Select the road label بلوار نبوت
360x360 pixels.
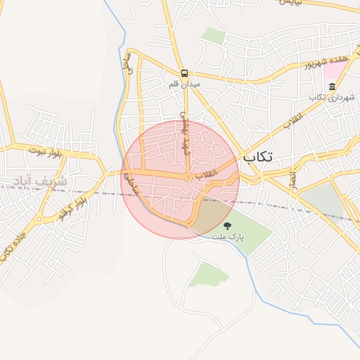(x=46, y=150)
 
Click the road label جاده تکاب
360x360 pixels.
(x=9, y=243)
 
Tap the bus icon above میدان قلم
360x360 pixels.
(x=184, y=72)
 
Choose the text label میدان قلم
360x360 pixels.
(x=185, y=84)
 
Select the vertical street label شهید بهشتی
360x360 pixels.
(x=184, y=131)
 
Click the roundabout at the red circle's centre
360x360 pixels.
(x=189, y=177)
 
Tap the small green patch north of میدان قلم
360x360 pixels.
(x=212, y=34)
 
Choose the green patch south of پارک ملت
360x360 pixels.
(x=208, y=274)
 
